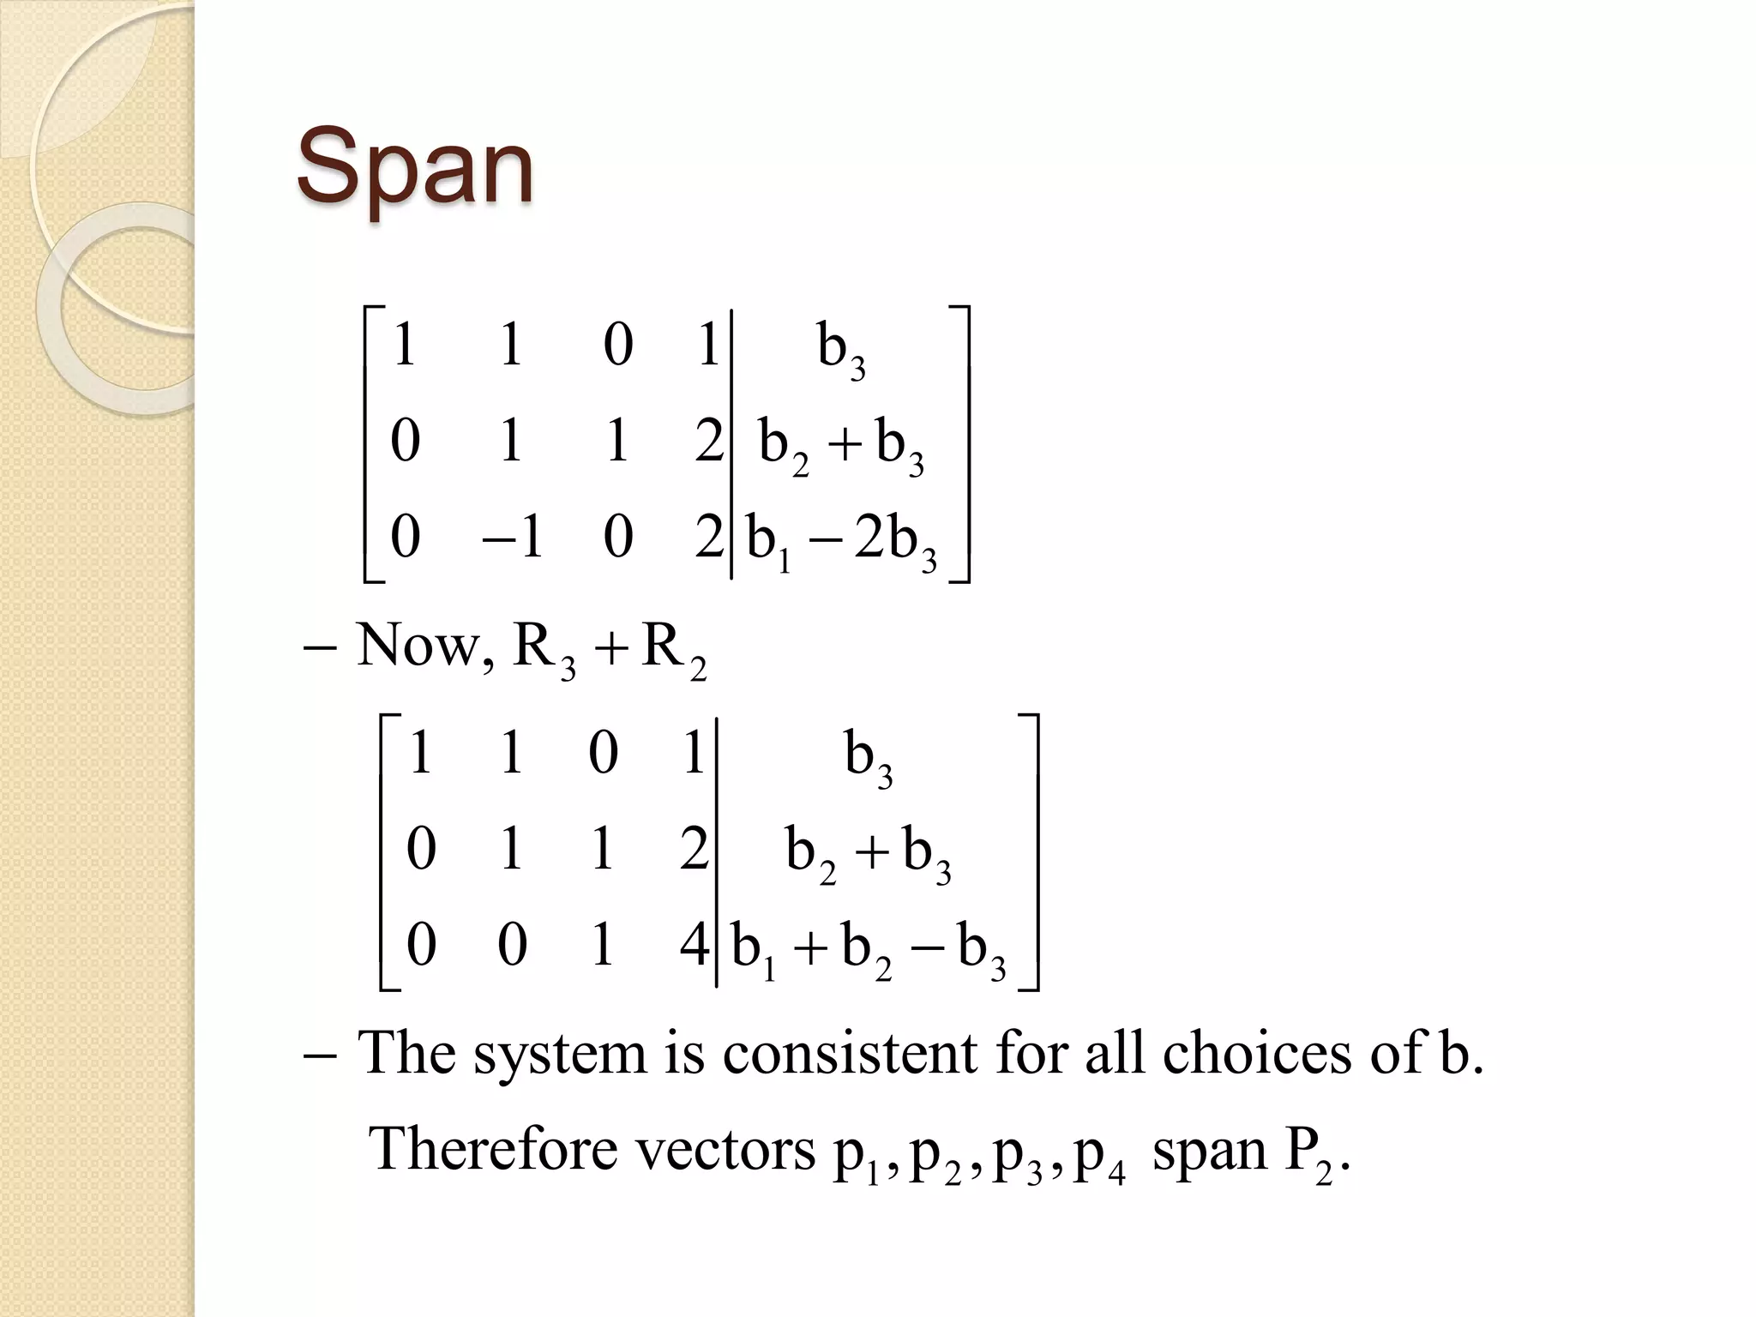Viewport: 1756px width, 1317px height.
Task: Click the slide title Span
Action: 415,169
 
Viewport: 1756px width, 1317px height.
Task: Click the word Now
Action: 418,645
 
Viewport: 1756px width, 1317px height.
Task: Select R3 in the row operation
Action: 544,650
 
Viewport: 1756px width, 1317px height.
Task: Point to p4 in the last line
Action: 1099,1156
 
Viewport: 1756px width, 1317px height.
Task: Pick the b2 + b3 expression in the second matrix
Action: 868,853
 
